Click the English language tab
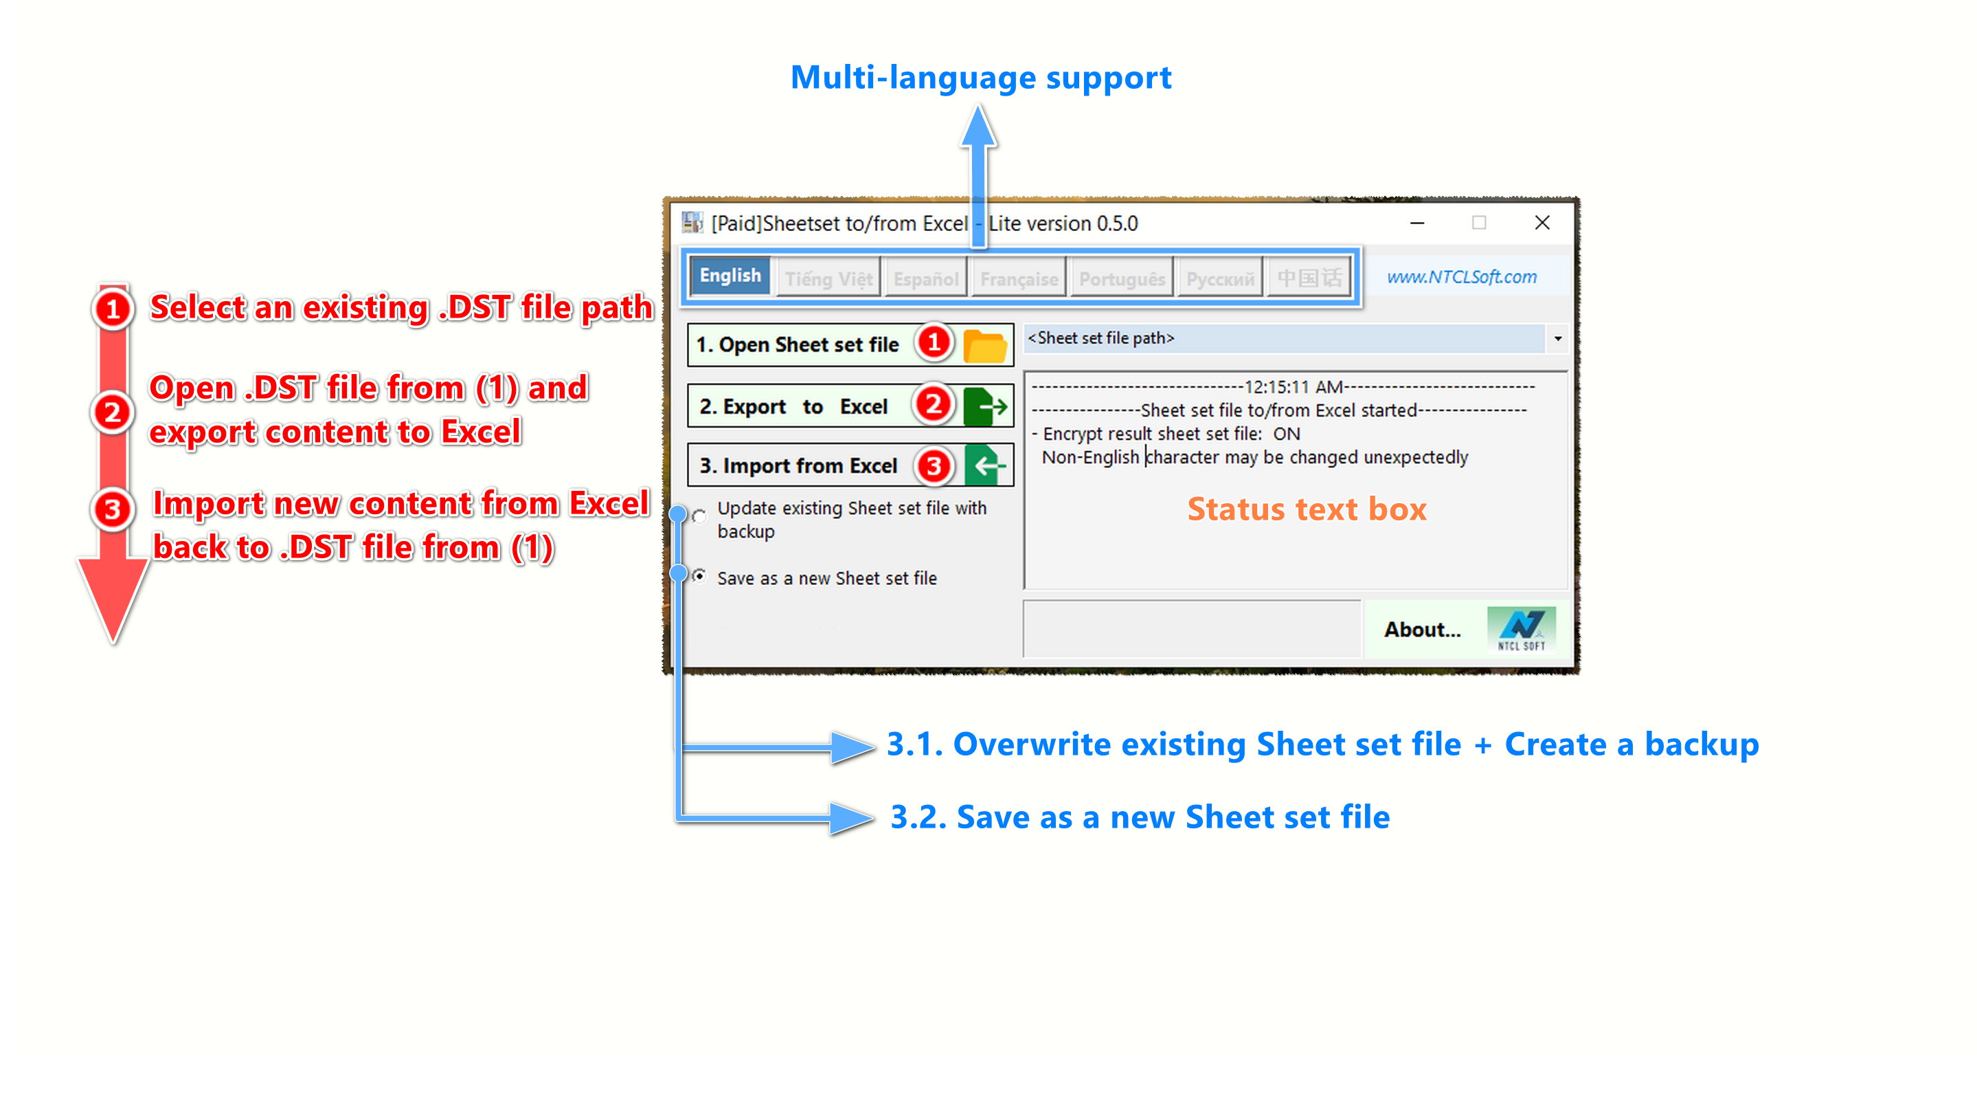tap(729, 276)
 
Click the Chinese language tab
tap(1309, 278)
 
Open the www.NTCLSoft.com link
tap(1461, 276)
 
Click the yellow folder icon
tap(984, 346)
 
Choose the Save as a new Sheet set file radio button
tap(699, 576)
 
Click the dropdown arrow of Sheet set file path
tap(1557, 339)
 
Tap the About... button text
tap(1422, 630)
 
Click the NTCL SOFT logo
tap(1521, 630)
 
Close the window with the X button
tap(1542, 223)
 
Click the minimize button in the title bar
tap(1416, 223)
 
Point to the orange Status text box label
tap(1307, 509)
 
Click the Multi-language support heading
tap(980, 78)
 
